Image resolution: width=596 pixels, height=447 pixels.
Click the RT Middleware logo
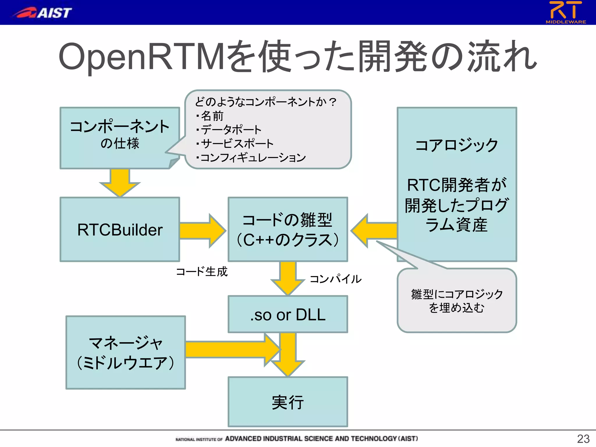565,12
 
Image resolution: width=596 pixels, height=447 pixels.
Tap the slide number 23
583,439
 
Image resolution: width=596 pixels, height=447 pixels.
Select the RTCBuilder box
120,230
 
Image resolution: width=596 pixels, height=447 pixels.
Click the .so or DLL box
288,314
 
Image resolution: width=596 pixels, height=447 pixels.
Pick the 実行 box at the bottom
288,402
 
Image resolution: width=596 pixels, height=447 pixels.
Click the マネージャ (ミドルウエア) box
125,352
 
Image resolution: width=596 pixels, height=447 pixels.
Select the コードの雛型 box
288,230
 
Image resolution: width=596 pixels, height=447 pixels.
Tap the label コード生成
202,272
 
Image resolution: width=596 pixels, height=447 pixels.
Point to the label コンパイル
335,279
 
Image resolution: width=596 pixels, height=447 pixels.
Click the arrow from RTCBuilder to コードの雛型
203,231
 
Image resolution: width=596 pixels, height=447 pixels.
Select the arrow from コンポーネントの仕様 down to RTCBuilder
120,182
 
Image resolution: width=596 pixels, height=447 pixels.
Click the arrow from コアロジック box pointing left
374,231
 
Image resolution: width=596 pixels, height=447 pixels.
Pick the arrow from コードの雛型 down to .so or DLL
288,278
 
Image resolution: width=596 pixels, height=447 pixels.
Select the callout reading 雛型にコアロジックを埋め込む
457,301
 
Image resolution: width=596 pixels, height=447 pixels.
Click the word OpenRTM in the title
141,56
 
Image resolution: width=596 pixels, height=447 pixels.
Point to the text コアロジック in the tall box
457,145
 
